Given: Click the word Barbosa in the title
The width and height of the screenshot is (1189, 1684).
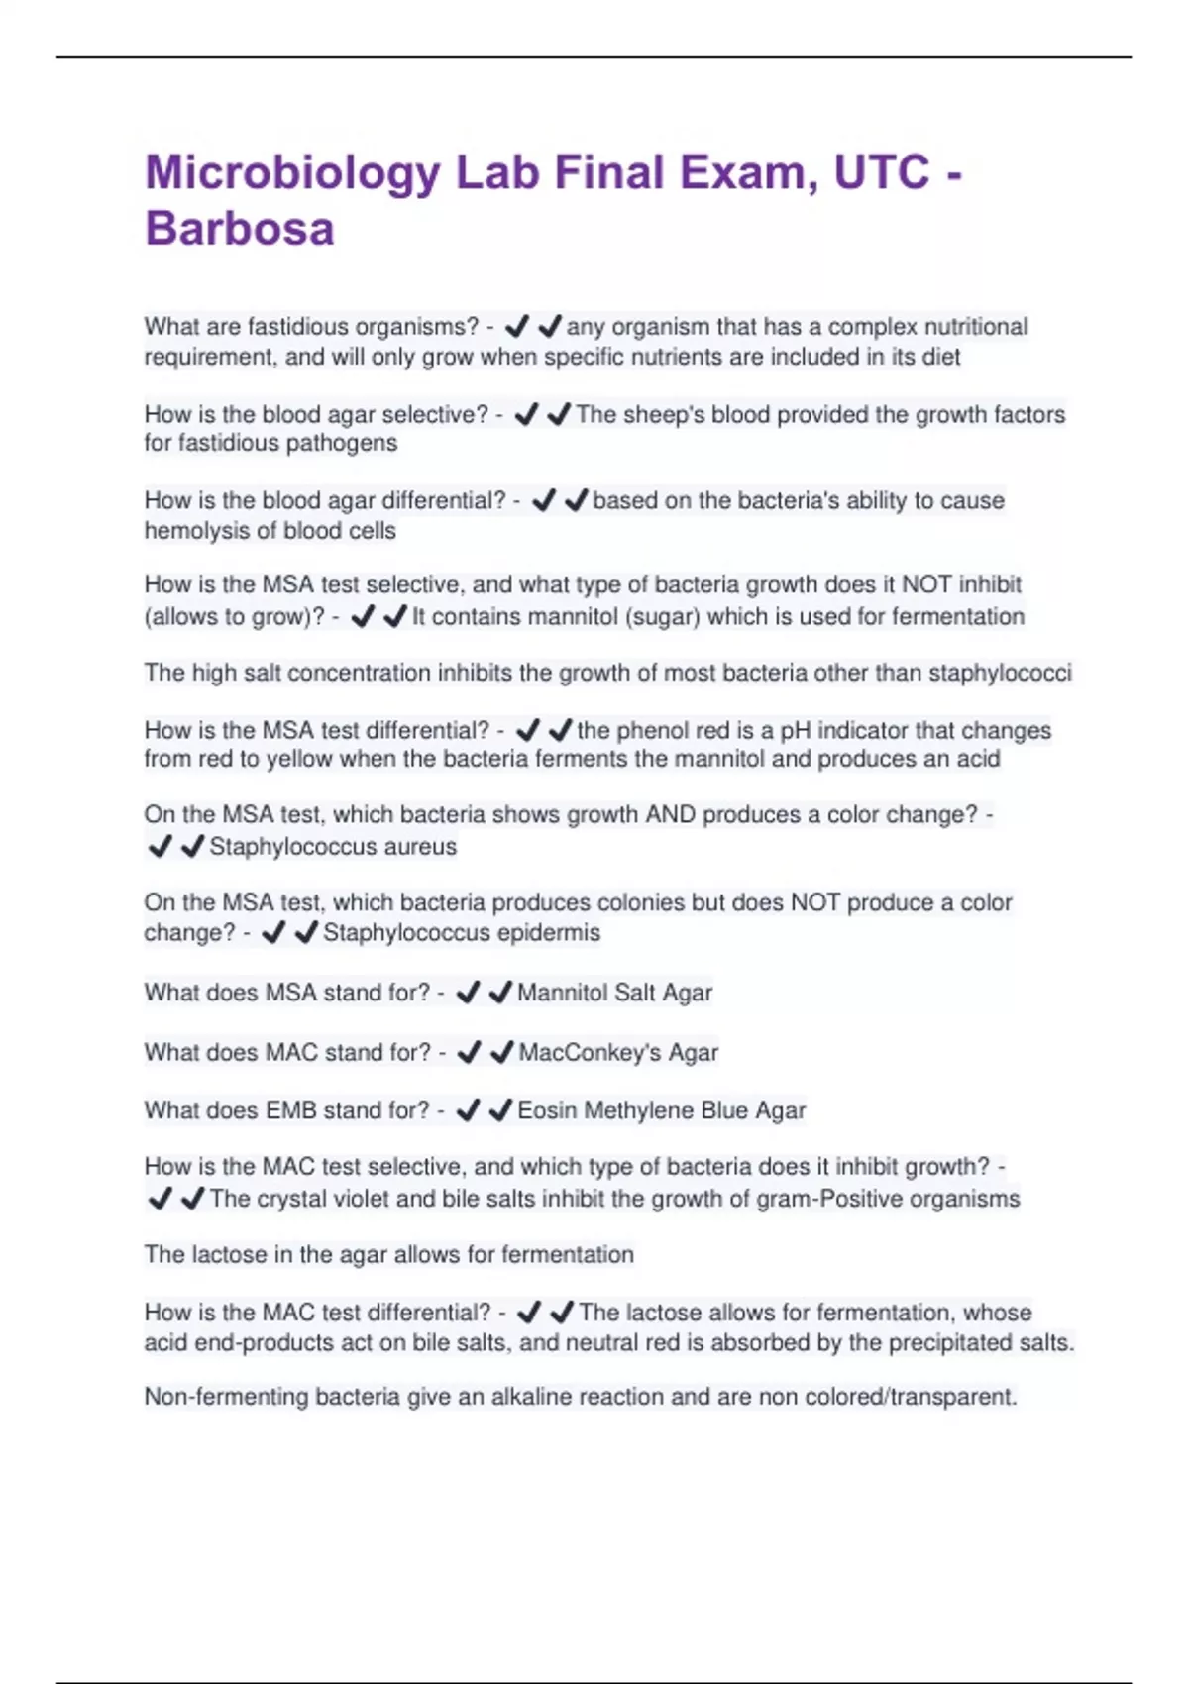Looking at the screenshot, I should tap(240, 229).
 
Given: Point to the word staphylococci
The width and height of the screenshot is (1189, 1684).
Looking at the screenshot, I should tap(1000, 674).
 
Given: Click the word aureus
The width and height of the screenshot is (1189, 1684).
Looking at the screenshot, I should tap(421, 847).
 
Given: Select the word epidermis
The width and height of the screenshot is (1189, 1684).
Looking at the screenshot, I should tap(549, 933).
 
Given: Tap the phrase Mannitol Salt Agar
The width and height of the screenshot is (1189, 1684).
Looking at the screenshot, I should tap(614, 993).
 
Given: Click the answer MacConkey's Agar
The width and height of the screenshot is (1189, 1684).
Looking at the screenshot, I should tap(618, 1052).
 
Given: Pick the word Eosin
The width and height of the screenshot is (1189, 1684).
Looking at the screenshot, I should tap(547, 1110).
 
